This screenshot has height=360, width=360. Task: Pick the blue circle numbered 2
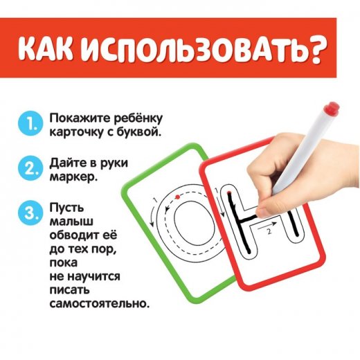click(30, 168)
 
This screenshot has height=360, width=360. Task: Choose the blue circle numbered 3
click(30, 213)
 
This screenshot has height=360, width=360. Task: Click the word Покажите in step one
click(80, 118)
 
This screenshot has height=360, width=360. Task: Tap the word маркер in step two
click(73, 177)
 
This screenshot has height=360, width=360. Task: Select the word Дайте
click(68, 163)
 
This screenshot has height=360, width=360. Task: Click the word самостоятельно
click(100, 303)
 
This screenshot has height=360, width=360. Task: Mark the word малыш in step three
click(71, 221)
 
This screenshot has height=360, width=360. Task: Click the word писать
click(69, 289)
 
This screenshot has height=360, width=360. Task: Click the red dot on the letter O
click(177, 197)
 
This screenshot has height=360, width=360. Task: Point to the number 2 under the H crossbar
click(269, 231)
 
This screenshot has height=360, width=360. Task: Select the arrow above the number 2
click(267, 226)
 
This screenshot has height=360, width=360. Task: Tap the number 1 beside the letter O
click(155, 199)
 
